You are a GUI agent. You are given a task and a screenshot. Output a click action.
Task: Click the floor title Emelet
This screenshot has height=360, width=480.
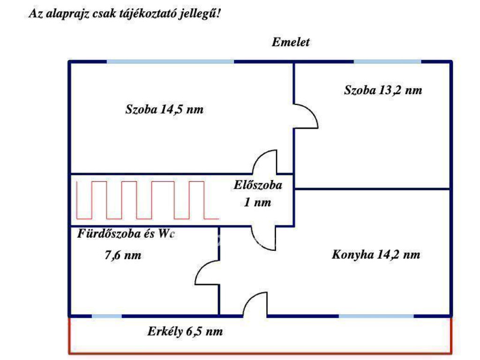click(291, 42)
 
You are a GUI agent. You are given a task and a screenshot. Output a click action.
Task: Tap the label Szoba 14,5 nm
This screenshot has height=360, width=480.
click(165, 110)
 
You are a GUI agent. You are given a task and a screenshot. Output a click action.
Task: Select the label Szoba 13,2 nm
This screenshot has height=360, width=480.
click(383, 90)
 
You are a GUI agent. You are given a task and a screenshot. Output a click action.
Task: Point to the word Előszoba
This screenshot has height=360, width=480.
click(258, 185)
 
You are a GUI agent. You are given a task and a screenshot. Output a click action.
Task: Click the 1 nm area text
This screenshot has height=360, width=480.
click(257, 203)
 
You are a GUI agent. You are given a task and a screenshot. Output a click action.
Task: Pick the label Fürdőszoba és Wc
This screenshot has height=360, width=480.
click(126, 233)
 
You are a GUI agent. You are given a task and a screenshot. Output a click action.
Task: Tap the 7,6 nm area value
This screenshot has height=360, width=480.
click(121, 255)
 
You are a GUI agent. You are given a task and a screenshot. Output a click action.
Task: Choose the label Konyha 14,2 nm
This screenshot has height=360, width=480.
click(376, 255)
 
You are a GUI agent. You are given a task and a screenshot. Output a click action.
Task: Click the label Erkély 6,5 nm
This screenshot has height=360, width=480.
click(185, 332)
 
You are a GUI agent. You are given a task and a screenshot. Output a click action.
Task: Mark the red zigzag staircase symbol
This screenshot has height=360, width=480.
click(147, 200)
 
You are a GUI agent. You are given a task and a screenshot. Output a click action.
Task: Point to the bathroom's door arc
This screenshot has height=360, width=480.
click(206, 272)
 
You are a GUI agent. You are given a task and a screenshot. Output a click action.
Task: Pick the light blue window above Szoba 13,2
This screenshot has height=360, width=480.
click(387, 61)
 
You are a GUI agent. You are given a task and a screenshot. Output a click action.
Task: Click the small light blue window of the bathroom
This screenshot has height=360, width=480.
click(106, 316)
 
